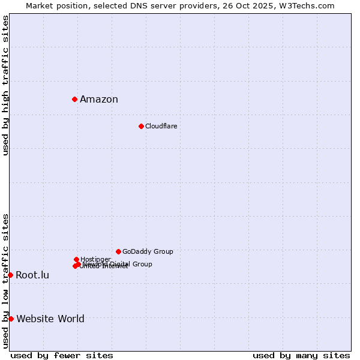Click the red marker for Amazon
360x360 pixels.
[x=74, y=99]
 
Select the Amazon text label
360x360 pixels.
[x=99, y=100]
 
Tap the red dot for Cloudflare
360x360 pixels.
[x=141, y=126]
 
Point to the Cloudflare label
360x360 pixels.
[x=161, y=126]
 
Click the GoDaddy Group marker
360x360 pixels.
[x=118, y=251]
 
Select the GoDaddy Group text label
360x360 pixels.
[x=148, y=252]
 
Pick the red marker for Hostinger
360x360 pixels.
[x=76, y=259]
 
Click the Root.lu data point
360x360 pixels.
[x=10, y=275]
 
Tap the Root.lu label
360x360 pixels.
[x=32, y=275]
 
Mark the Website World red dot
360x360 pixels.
[x=11, y=319]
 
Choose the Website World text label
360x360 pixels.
[x=50, y=319]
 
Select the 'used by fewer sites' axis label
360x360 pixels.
[x=62, y=355]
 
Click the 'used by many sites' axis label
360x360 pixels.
[x=301, y=355]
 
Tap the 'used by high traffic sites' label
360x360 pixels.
[x=6, y=86]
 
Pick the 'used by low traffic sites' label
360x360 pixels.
[x=6, y=280]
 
